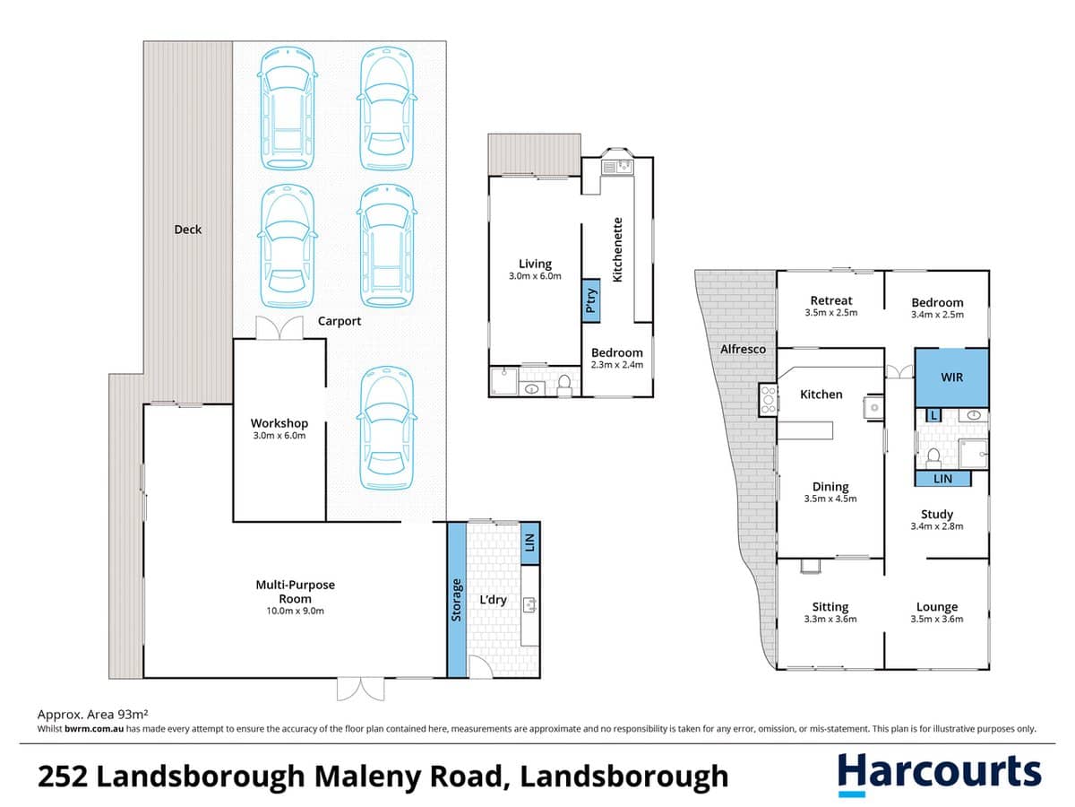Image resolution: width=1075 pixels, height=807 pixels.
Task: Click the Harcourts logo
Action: tap(939, 773)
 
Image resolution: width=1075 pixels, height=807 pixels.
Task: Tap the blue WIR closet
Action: tap(951, 377)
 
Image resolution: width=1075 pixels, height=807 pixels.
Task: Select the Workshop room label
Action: tap(279, 423)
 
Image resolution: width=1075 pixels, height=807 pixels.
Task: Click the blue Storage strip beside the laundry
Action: tap(457, 600)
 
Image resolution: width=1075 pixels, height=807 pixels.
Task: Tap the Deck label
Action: tap(187, 230)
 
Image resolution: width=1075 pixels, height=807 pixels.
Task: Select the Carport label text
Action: tap(340, 321)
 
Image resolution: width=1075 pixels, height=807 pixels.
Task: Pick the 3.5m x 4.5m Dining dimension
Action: tap(830, 499)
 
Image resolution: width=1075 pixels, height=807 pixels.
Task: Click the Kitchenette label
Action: tap(617, 249)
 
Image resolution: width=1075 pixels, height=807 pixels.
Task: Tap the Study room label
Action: tap(937, 514)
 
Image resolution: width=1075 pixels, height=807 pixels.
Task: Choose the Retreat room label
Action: tap(830, 301)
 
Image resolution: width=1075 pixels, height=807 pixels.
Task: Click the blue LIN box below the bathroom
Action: tap(942, 480)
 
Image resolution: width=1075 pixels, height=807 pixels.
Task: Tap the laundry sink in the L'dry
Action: tap(529, 605)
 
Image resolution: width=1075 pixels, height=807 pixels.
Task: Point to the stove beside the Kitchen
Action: tap(767, 399)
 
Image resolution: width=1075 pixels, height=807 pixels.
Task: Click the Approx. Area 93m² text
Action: tap(91, 715)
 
